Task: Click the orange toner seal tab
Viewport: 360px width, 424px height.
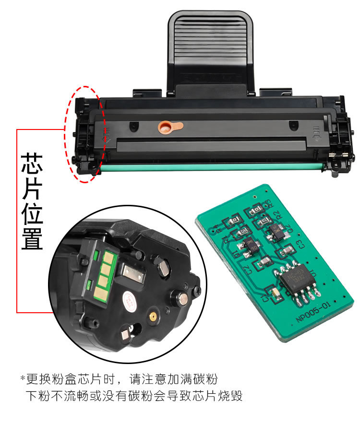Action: coord(169,127)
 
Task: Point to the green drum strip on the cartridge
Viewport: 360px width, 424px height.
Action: coord(211,167)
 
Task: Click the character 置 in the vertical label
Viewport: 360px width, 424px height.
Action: coord(32,238)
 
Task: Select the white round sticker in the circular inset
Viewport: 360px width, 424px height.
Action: coord(130,300)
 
